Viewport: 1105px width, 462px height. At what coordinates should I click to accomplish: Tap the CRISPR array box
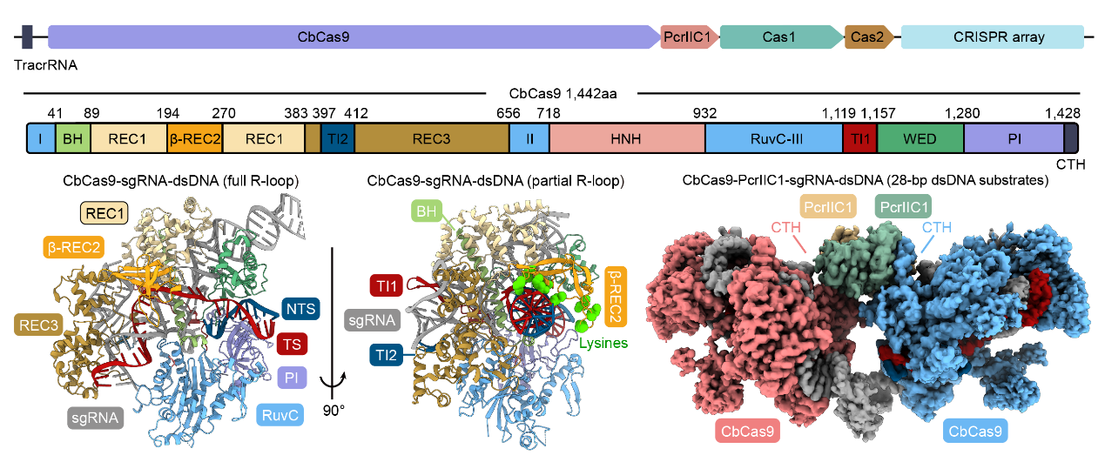[x=991, y=37]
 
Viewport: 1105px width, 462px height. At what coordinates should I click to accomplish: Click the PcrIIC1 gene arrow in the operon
[x=689, y=37]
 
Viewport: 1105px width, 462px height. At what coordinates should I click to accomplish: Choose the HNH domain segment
[x=626, y=139]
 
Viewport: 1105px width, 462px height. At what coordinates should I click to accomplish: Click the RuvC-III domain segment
[x=772, y=139]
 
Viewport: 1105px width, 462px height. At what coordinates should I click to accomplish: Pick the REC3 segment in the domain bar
[x=431, y=139]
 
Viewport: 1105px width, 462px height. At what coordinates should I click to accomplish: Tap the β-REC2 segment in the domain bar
[x=195, y=139]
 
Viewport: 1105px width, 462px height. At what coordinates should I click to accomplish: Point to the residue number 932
[x=704, y=113]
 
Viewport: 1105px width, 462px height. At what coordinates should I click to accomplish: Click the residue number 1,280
[x=962, y=113]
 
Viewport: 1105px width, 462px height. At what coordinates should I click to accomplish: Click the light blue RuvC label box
[x=281, y=416]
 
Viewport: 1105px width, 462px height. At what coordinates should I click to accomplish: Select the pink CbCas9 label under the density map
[x=748, y=429]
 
